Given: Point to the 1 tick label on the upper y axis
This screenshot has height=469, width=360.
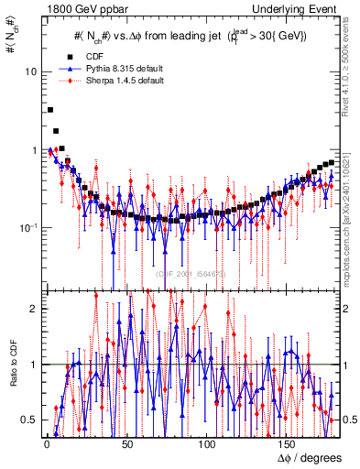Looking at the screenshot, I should coord(35,149).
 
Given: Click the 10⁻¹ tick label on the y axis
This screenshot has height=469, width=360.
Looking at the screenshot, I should coord(29,226).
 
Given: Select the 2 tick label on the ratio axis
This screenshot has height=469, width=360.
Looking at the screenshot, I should coord(35,309).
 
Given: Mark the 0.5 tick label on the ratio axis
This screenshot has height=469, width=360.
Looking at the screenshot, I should coord(31,420).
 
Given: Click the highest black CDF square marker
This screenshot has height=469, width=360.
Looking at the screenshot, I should coord(49,110).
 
